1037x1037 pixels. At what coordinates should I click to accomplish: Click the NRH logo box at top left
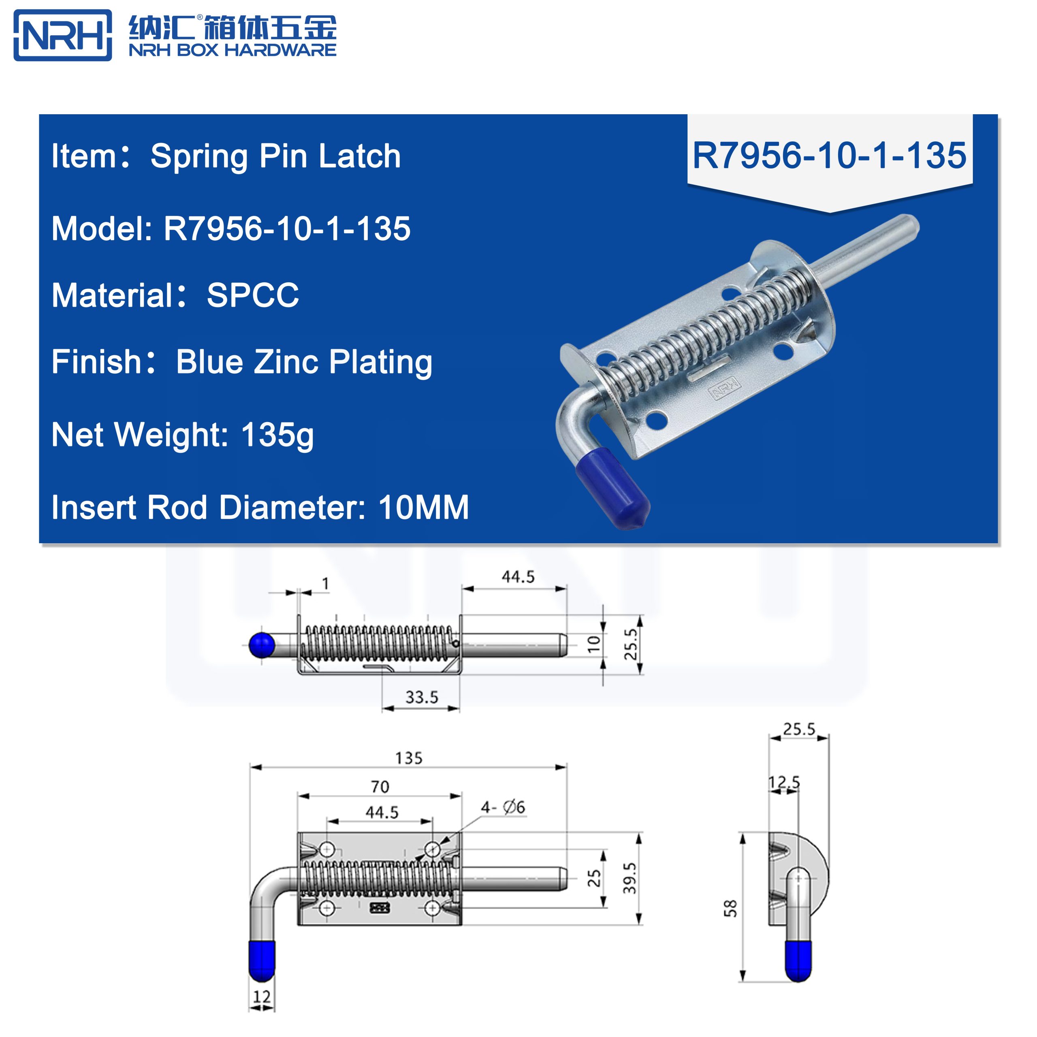pyautogui.click(x=63, y=35)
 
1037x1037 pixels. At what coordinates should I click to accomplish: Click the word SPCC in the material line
pyautogui.click(x=252, y=295)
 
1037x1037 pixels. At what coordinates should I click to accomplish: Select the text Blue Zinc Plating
pyautogui.click(x=304, y=362)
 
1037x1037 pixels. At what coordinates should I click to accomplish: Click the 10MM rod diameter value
pyautogui.click(x=423, y=507)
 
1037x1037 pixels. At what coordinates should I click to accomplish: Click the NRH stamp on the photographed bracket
pyautogui.click(x=725, y=388)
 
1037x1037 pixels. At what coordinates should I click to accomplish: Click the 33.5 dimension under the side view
pyautogui.click(x=421, y=697)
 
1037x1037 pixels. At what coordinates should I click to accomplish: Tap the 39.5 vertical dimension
pyautogui.click(x=629, y=878)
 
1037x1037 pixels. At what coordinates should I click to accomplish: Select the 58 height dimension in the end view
pyautogui.click(x=730, y=908)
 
